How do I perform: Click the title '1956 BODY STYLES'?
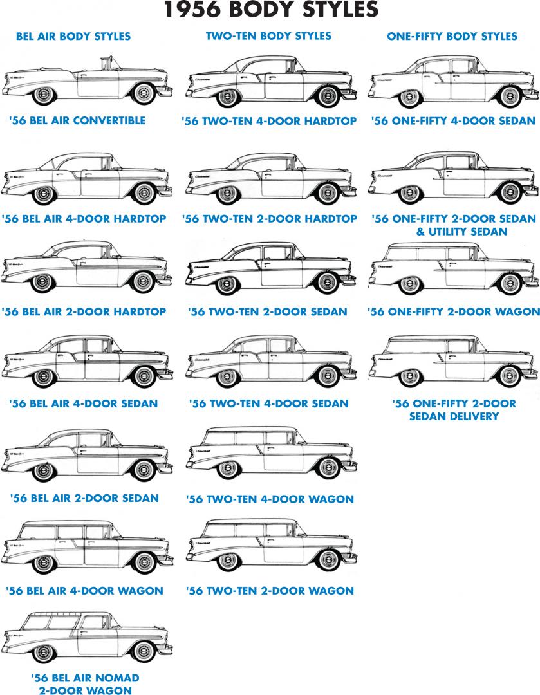270,10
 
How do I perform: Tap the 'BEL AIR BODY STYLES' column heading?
73,36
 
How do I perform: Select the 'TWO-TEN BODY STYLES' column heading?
268,35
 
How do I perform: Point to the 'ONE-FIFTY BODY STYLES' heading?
452,36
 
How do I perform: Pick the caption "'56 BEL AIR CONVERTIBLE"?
77,120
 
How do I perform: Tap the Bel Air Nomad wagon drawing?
87,639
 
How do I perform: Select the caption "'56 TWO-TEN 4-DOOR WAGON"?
270,499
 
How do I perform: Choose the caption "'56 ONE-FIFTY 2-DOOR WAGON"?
454,311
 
